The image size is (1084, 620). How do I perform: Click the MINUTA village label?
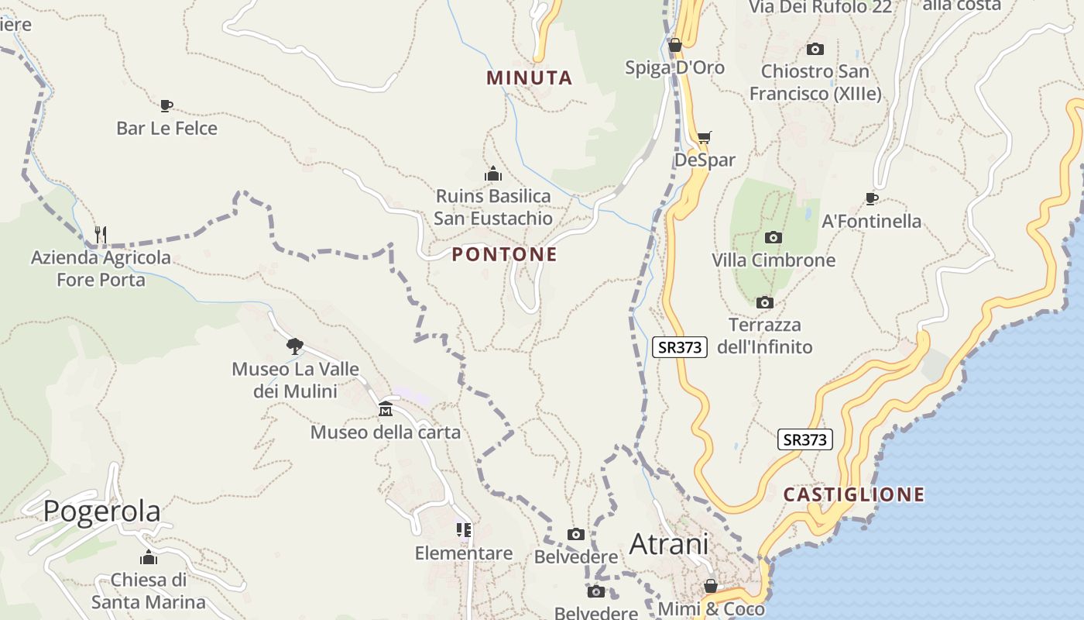pyautogui.click(x=530, y=77)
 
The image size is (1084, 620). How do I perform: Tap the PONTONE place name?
pyautogui.click(x=504, y=254)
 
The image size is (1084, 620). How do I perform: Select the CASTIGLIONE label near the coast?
pyautogui.click(x=853, y=494)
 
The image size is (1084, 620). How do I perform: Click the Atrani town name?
pyautogui.click(x=669, y=544)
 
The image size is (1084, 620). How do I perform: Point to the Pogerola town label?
pyautogui.click(x=101, y=511)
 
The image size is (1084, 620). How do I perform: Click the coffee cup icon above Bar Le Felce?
pyautogui.click(x=166, y=105)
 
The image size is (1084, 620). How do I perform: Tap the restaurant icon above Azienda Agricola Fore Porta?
pyautogui.click(x=100, y=233)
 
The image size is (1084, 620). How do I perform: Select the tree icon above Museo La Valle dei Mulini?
pyautogui.click(x=294, y=346)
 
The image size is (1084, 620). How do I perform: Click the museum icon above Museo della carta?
pyautogui.click(x=386, y=408)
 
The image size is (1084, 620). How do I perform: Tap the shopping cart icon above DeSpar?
pyautogui.click(x=704, y=138)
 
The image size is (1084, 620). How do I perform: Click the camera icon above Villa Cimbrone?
pyautogui.click(x=773, y=237)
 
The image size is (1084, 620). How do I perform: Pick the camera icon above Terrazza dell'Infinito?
pyautogui.click(x=764, y=302)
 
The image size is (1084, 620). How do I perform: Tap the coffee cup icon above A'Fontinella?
pyautogui.click(x=871, y=198)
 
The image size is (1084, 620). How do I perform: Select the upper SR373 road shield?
pyautogui.click(x=680, y=347)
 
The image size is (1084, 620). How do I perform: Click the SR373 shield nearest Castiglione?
pyautogui.click(x=805, y=439)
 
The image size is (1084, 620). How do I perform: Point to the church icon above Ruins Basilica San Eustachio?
pyautogui.click(x=493, y=174)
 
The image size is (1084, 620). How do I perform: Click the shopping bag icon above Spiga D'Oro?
pyautogui.click(x=674, y=45)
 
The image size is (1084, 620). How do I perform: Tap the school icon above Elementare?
pyautogui.click(x=463, y=530)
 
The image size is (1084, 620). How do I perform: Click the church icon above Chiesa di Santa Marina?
pyautogui.click(x=149, y=557)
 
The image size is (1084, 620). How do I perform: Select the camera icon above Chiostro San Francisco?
pyautogui.click(x=815, y=49)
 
